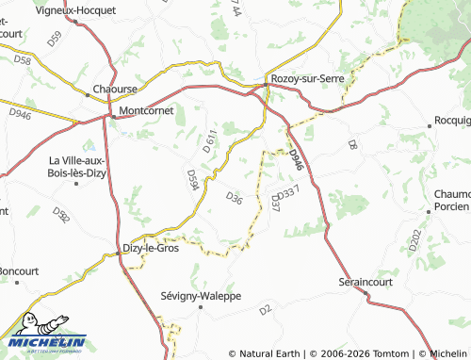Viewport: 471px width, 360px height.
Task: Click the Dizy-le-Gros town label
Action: click(x=152, y=249)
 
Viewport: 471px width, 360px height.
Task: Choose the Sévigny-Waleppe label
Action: click(x=201, y=296)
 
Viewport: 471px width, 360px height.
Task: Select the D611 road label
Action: click(x=210, y=142)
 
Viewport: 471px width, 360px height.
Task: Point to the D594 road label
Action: click(x=192, y=180)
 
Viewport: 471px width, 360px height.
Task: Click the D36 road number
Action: click(x=235, y=198)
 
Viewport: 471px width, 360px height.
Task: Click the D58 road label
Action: click(x=23, y=61)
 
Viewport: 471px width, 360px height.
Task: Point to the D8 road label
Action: click(x=351, y=144)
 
